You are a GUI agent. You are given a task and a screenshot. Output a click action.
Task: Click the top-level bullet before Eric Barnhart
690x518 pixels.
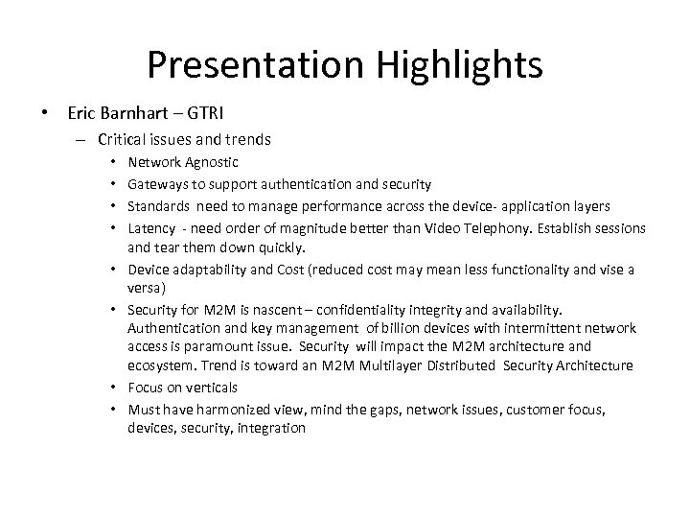pyautogui.click(x=45, y=114)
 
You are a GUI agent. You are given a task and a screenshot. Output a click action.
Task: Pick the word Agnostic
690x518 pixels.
pyautogui.click(x=211, y=163)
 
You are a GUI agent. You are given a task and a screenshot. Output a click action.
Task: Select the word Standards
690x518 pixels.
pyautogui.click(x=158, y=206)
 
